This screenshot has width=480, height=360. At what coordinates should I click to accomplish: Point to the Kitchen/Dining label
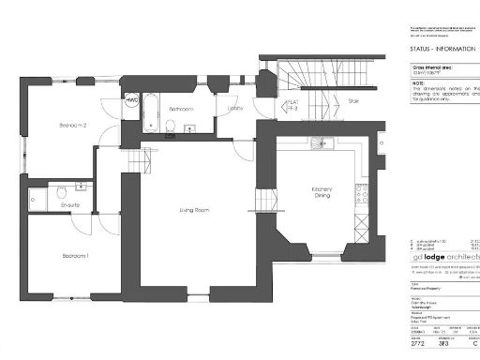click(x=322, y=192)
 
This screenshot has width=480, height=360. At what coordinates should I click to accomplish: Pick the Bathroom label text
click(x=181, y=110)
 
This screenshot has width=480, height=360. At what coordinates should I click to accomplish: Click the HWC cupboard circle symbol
click(x=131, y=99)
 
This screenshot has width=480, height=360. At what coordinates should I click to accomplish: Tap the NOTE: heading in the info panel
click(x=418, y=82)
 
